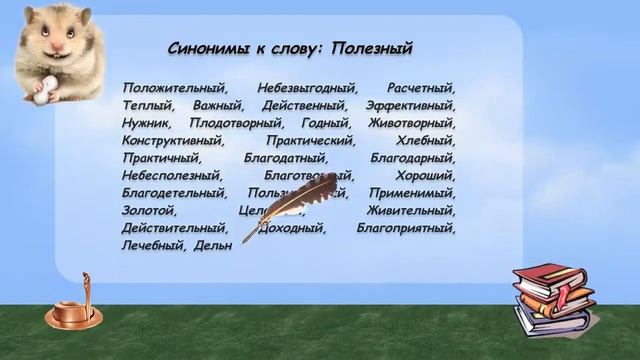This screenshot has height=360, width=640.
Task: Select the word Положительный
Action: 175,88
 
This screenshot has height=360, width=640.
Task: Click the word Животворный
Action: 412,123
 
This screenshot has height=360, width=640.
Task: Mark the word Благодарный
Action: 413,158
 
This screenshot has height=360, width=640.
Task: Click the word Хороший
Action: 425,176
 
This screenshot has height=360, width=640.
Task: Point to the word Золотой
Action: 149,211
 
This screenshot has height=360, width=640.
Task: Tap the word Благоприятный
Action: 405,228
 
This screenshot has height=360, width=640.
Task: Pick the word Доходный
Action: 293,228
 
